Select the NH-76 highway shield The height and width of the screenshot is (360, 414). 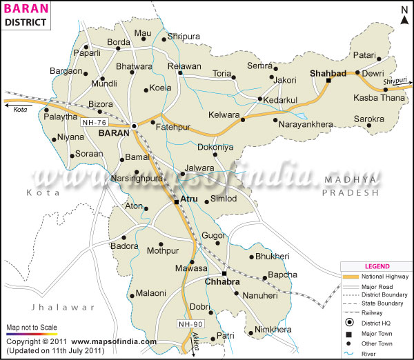[94, 123]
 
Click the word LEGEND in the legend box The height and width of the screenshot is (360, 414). [377, 266]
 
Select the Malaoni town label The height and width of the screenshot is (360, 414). [151, 293]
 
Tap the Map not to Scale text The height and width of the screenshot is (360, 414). [32, 327]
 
